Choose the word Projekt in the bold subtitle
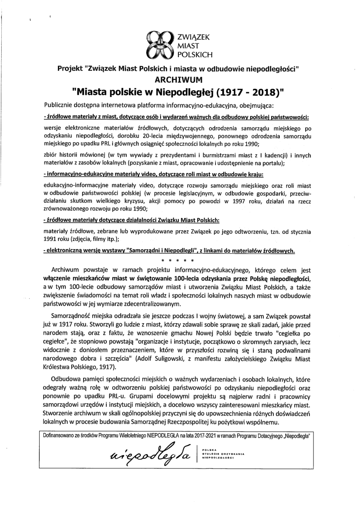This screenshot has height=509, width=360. click(71, 68)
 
